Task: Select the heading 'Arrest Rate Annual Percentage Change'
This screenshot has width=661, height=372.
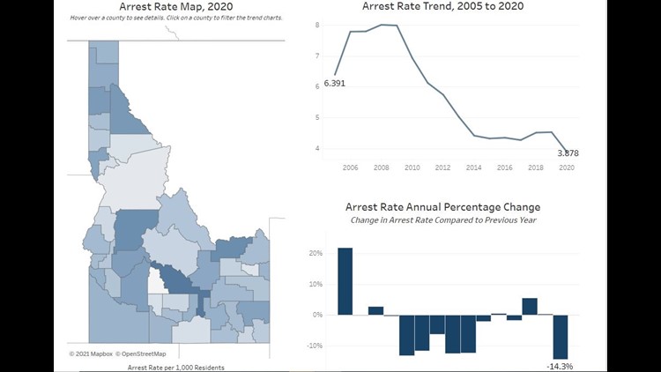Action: coord(450,207)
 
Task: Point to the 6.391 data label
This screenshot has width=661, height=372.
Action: coord(336,83)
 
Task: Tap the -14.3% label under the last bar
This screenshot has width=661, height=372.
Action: coord(560,365)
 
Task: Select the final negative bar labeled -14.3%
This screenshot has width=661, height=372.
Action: coord(561,336)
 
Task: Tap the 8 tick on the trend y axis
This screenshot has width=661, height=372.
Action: coord(316,26)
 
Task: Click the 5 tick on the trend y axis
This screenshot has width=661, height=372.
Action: coord(316,117)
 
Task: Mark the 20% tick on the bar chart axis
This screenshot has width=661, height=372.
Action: coord(315,253)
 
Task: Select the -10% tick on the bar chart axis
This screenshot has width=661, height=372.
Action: coord(314,345)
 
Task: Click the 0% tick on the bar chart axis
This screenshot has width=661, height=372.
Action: coord(317,314)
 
